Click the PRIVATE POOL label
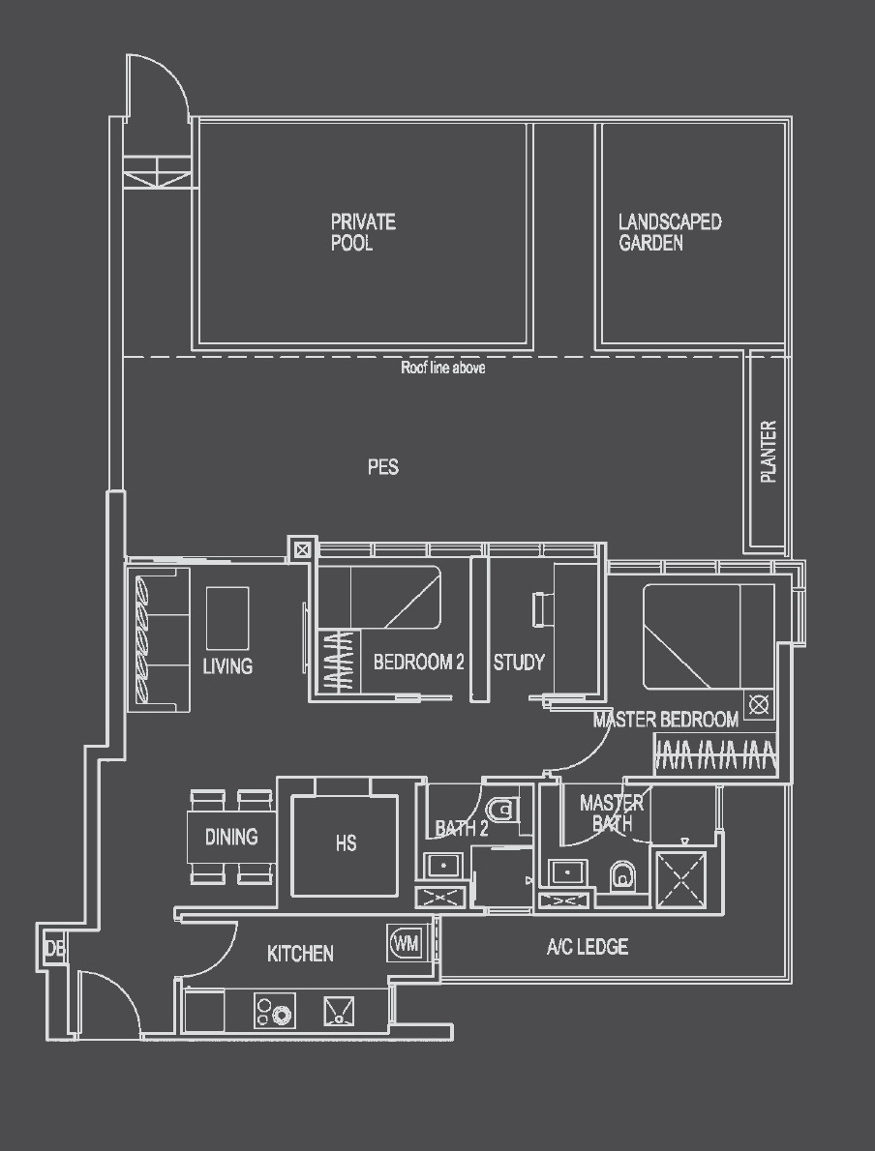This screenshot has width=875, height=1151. click(x=363, y=233)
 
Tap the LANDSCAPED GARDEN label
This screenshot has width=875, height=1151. click(x=670, y=233)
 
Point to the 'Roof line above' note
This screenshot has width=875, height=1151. click(x=443, y=369)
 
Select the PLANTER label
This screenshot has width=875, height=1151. click(x=769, y=452)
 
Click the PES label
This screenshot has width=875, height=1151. click(x=383, y=467)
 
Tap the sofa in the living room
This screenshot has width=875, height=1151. click(x=159, y=639)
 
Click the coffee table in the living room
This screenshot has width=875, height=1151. click(x=227, y=618)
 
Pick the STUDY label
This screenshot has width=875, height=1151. click(x=519, y=663)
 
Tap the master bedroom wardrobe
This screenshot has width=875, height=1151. click(x=715, y=755)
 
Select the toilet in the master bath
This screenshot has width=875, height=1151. click(x=621, y=876)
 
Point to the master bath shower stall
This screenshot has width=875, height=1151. click(x=680, y=879)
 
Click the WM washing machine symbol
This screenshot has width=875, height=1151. click(x=407, y=943)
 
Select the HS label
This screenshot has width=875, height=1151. click(x=346, y=843)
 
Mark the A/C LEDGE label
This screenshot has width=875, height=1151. click(x=587, y=947)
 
